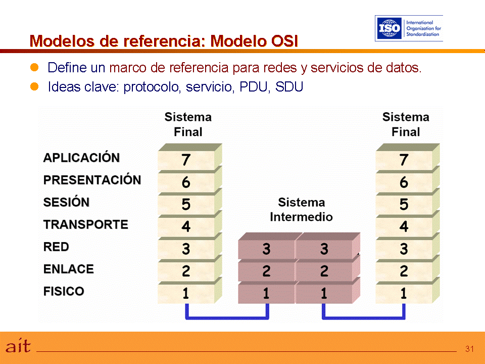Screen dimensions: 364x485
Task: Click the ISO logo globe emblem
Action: [390, 28]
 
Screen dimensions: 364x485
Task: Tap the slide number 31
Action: [469, 349]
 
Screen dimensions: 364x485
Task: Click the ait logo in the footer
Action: [18, 346]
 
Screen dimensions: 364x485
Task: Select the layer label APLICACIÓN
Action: [81, 158]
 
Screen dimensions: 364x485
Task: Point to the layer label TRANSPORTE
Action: [85, 224]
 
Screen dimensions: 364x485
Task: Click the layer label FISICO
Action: [64, 291]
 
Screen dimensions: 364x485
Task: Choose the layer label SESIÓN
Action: [66, 202]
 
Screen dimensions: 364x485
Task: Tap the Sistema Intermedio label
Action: [301, 209]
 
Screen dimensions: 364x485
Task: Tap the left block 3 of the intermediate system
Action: [266, 249]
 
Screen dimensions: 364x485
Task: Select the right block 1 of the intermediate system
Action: [324, 294]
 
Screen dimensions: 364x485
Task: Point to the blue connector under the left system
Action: [227, 317]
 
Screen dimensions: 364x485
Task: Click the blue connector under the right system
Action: [364, 317]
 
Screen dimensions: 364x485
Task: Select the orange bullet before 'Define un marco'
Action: [35, 67]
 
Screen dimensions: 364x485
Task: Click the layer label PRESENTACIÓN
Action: [92, 180]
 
